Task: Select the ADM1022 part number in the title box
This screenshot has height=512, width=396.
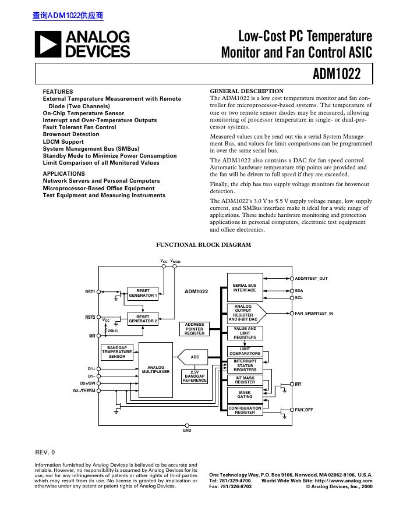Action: point(337,74)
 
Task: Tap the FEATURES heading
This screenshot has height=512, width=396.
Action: point(58,92)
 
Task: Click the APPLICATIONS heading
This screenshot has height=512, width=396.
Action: point(63,174)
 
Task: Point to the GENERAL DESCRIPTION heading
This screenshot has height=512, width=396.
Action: point(246,91)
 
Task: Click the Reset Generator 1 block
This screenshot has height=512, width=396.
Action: point(143,293)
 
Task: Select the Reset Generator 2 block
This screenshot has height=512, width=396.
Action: point(143,319)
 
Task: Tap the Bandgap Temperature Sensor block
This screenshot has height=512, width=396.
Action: point(117,352)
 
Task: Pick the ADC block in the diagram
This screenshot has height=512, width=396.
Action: point(195,357)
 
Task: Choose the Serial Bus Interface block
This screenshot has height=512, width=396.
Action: point(244,287)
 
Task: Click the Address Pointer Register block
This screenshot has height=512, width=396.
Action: point(195,329)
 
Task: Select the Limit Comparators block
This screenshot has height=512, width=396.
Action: point(245,351)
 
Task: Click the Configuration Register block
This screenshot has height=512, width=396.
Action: point(245,410)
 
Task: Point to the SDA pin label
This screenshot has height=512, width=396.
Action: point(299,290)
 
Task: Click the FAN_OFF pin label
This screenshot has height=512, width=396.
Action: point(303,410)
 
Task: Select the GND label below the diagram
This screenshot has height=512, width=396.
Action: point(187,430)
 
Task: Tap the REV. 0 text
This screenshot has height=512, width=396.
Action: point(45,452)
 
